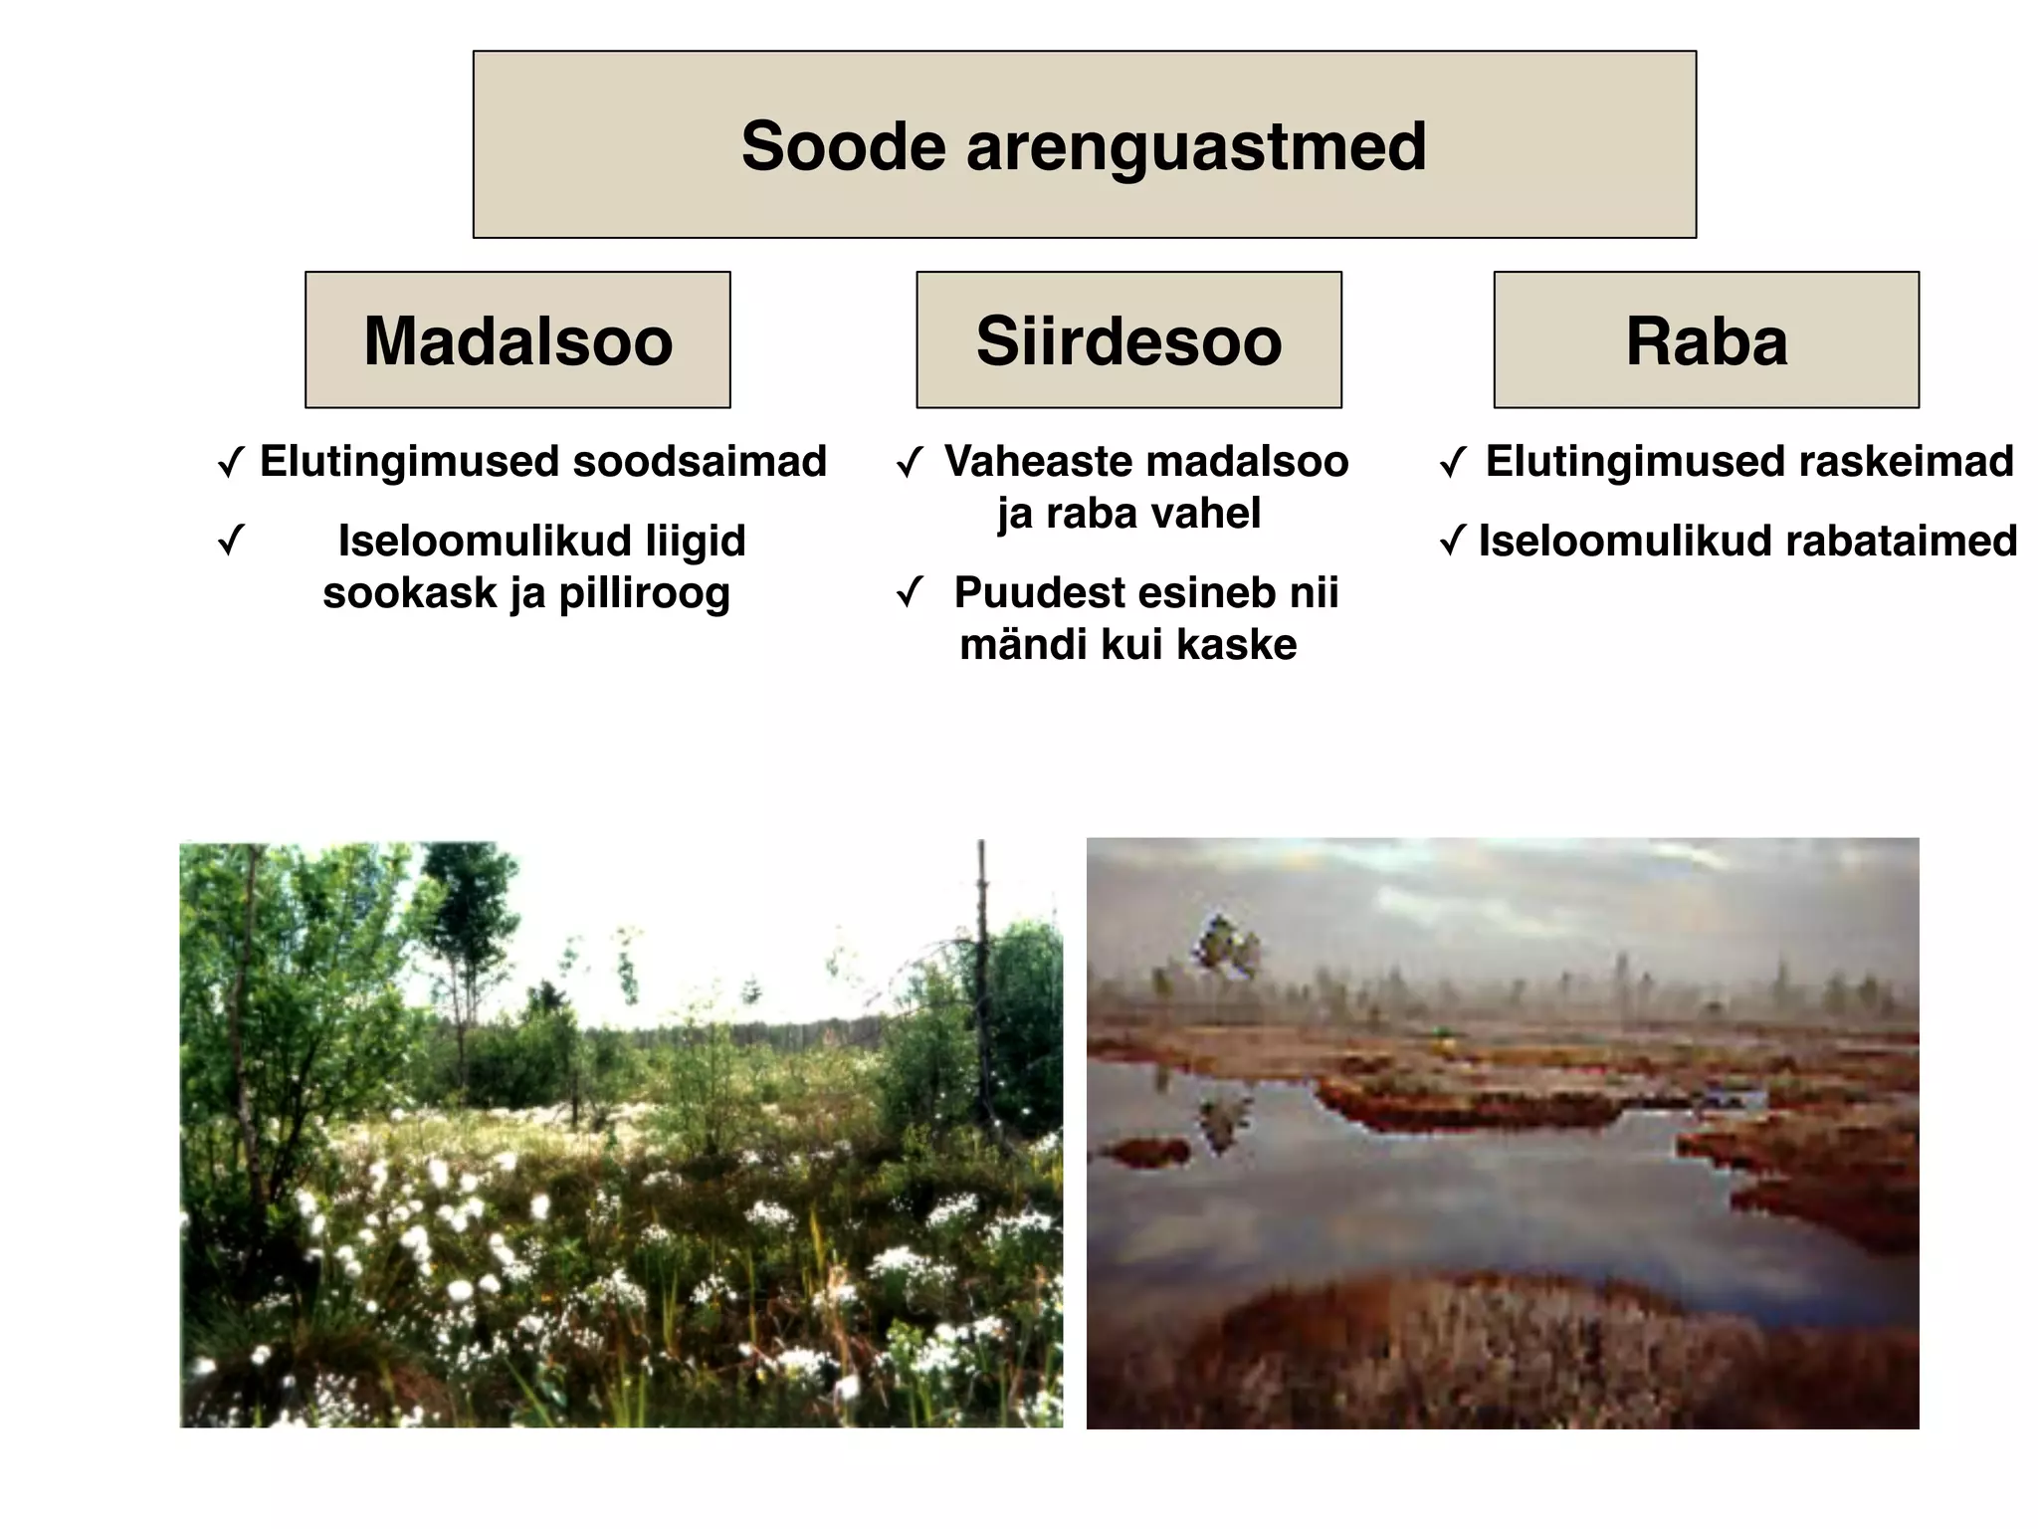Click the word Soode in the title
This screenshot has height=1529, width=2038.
pyautogui.click(x=843, y=146)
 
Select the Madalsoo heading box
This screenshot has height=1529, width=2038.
pyautogui.click(x=517, y=340)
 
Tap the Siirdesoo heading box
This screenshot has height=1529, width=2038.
pyautogui.click(x=1128, y=340)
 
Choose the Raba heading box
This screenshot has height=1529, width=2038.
pyautogui.click(x=1706, y=340)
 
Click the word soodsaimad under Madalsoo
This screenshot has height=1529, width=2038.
pyautogui.click(x=700, y=462)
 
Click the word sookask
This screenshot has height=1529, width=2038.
pyautogui.click(x=409, y=593)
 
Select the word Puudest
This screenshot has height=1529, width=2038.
pyautogui.click(x=1028, y=593)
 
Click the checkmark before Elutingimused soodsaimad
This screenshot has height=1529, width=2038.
pyautogui.click(x=231, y=463)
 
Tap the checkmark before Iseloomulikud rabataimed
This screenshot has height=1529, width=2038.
pyautogui.click(x=1452, y=543)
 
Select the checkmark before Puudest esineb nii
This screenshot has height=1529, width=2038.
pyautogui.click(x=910, y=593)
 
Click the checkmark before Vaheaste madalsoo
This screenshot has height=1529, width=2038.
pyautogui.click(x=910, y=463)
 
